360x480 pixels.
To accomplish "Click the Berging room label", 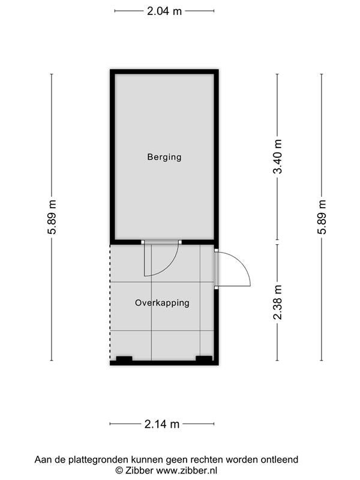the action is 164,157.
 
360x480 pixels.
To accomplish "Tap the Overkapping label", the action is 162,303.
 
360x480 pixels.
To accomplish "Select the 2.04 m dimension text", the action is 164,11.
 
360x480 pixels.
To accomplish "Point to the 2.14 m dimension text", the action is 162,424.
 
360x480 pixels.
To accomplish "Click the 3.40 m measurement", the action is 278,157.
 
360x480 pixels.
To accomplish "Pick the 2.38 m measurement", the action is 278,302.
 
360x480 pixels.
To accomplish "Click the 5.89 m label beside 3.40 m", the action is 322,217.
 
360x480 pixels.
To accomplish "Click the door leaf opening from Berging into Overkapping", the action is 145,260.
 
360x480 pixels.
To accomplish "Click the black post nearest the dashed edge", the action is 124,358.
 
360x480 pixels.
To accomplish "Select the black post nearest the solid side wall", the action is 204,358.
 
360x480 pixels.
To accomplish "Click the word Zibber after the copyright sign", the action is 139,470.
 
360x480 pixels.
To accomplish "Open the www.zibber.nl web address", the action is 187,470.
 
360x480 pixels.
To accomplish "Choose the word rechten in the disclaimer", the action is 207,460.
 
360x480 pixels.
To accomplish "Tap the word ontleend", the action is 279,460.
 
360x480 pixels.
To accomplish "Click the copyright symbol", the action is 119,470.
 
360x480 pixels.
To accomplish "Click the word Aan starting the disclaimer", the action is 43,460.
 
